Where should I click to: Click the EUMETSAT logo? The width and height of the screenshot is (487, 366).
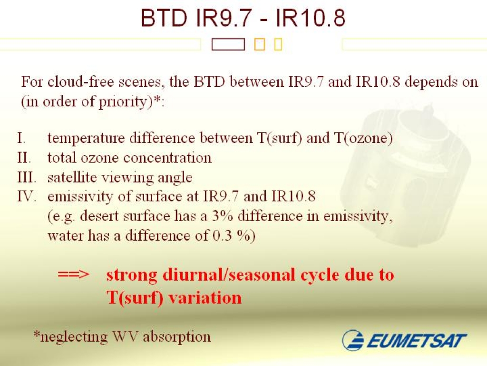pos(404,340)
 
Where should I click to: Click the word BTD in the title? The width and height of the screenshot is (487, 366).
pos(164,18)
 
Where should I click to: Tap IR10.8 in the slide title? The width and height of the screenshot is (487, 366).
pos(311,18)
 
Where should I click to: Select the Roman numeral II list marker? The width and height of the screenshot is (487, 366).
pos(24,158)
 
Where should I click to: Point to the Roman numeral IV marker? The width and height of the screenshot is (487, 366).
pos(27,196)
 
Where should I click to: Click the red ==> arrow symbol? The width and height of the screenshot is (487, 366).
pos(74,275)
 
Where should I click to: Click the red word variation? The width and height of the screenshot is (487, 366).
pos(205,297)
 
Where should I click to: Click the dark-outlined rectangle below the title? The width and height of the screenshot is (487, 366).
pos(228,44)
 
